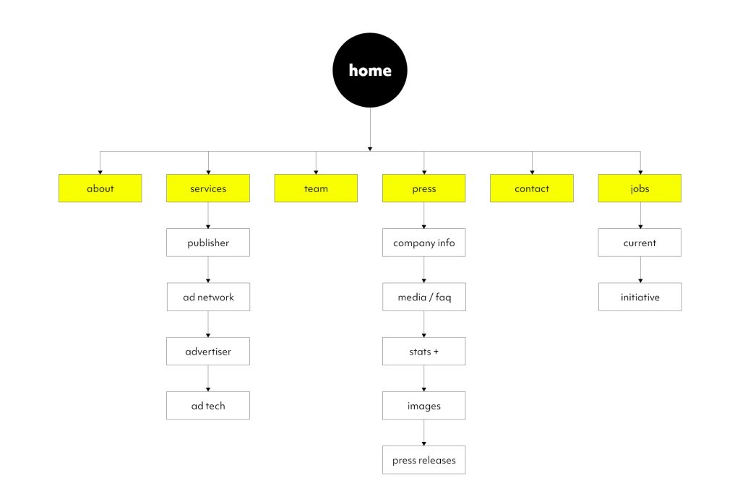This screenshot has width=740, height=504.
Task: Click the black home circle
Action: pyautogui.click(x=370, y=70)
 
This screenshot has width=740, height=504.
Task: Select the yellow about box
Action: pyautogui.click(x=100, y=188)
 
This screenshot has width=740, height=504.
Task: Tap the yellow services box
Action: pyautogui.click(x=208, y=188)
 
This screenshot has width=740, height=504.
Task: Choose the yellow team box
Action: pyautogui.click(x=316, y=188)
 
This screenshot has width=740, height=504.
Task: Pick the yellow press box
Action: pyautogui.click(x=424, y=188)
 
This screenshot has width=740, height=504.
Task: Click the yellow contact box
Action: pyautogui.click(x=532, y=188)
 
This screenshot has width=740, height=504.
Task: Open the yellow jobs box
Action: pyautogui.click(x=640, y=188)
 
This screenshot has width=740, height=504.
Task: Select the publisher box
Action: pyautogui.click(x=208, y=243)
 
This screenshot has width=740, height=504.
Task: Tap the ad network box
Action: pyautogui.click(x=208, y=297)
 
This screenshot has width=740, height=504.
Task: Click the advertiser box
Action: pyautogui.click(x=208, y=352)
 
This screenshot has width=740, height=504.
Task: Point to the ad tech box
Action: pyautogui.click(x=208, y=406)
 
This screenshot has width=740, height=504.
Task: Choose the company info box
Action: pyautogui.click(x=424, y=243)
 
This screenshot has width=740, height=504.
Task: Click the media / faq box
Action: pyautogui.click(x=424, y=297)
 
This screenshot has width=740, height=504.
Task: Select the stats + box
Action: pyautogui.click(x=424, y=352)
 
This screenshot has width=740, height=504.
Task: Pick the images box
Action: pyautogui.click(x=424, y=406)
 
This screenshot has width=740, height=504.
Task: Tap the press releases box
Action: pyautogui.click(x=424, y=460)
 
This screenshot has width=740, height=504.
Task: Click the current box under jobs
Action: pyautogui.click(x=640, y=243)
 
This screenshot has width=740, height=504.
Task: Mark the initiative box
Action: pyautogui.click(x=640, y=297)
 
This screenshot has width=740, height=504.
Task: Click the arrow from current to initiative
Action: pyautogui.click(x=640, y=270)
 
